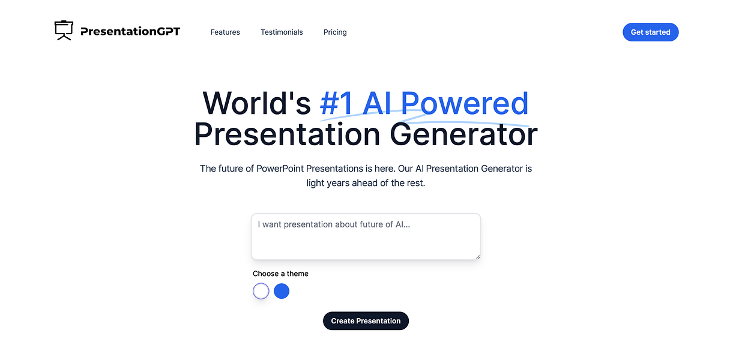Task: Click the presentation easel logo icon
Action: (64, 31)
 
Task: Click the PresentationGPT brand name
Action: (130, 32)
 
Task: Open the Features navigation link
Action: (225, 32)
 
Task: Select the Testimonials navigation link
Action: (282, 32)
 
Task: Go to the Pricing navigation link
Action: (335, 32)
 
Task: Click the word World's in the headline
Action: (256, 103)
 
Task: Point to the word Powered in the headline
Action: (465, 103)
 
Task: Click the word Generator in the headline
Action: (463, 134)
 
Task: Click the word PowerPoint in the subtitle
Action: (285, 169)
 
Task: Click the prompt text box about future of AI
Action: (366, 236)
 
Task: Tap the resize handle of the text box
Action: (478, 257)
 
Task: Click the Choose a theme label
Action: (280, 274)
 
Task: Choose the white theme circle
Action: (261, 292)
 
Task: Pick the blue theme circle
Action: (282, 292)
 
